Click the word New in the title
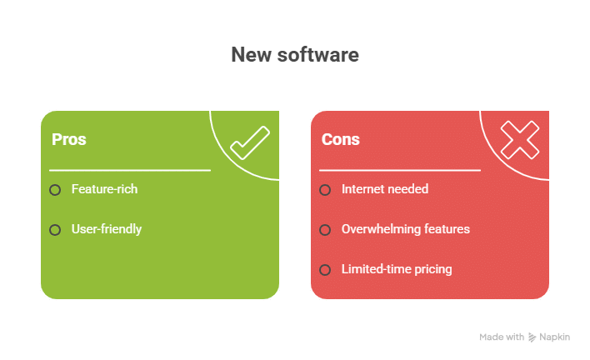click(252, 55)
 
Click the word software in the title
click(318, 55)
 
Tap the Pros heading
click(69, 139)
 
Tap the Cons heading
click(341, 139)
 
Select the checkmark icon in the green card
click(250, 143)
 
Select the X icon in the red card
click(520, 140)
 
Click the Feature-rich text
click(105, 189)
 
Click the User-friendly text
click(107, 229)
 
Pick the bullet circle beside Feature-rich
click(55, 190)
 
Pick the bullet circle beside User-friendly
click(55, 230)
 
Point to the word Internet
click(363, 189)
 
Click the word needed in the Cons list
click(408, 189)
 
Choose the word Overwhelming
click(381, 229)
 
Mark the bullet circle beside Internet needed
click(325, 190)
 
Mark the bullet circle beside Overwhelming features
click(325, 230)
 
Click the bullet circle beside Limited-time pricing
click(325, 270)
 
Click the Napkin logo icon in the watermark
click(532, 337)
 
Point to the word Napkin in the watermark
click(555, 337)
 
